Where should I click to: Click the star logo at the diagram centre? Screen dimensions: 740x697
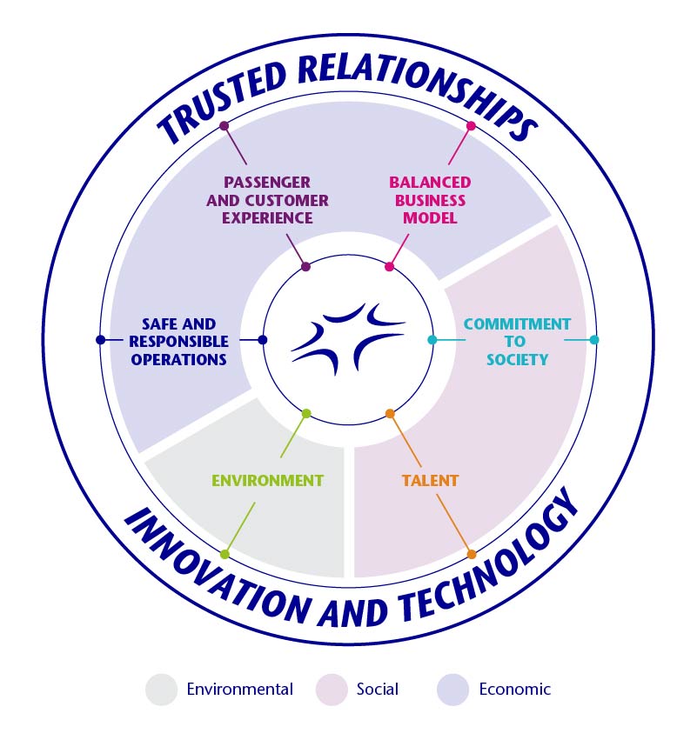[347, 339]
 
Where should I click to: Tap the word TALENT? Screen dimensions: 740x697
[430, 480]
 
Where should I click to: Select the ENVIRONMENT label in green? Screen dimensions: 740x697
[268, 480]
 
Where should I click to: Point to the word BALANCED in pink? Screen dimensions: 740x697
[430, 183]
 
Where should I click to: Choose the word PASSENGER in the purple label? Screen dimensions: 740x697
[266, 183]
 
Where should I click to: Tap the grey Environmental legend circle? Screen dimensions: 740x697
[161, 689]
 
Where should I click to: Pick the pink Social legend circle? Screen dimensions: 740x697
[332, 689]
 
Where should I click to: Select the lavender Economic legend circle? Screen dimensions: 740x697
[453, 689]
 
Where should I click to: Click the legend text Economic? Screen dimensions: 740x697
[515, 689]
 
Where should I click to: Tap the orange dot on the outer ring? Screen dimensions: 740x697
[472, 554]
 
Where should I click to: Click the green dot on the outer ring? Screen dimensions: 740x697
[225, 554]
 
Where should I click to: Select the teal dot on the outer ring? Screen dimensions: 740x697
[594, 339]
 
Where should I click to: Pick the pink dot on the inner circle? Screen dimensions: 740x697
[389, 266]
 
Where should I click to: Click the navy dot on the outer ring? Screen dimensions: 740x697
[100, 339]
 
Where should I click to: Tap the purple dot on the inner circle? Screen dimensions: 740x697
[305, 266]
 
